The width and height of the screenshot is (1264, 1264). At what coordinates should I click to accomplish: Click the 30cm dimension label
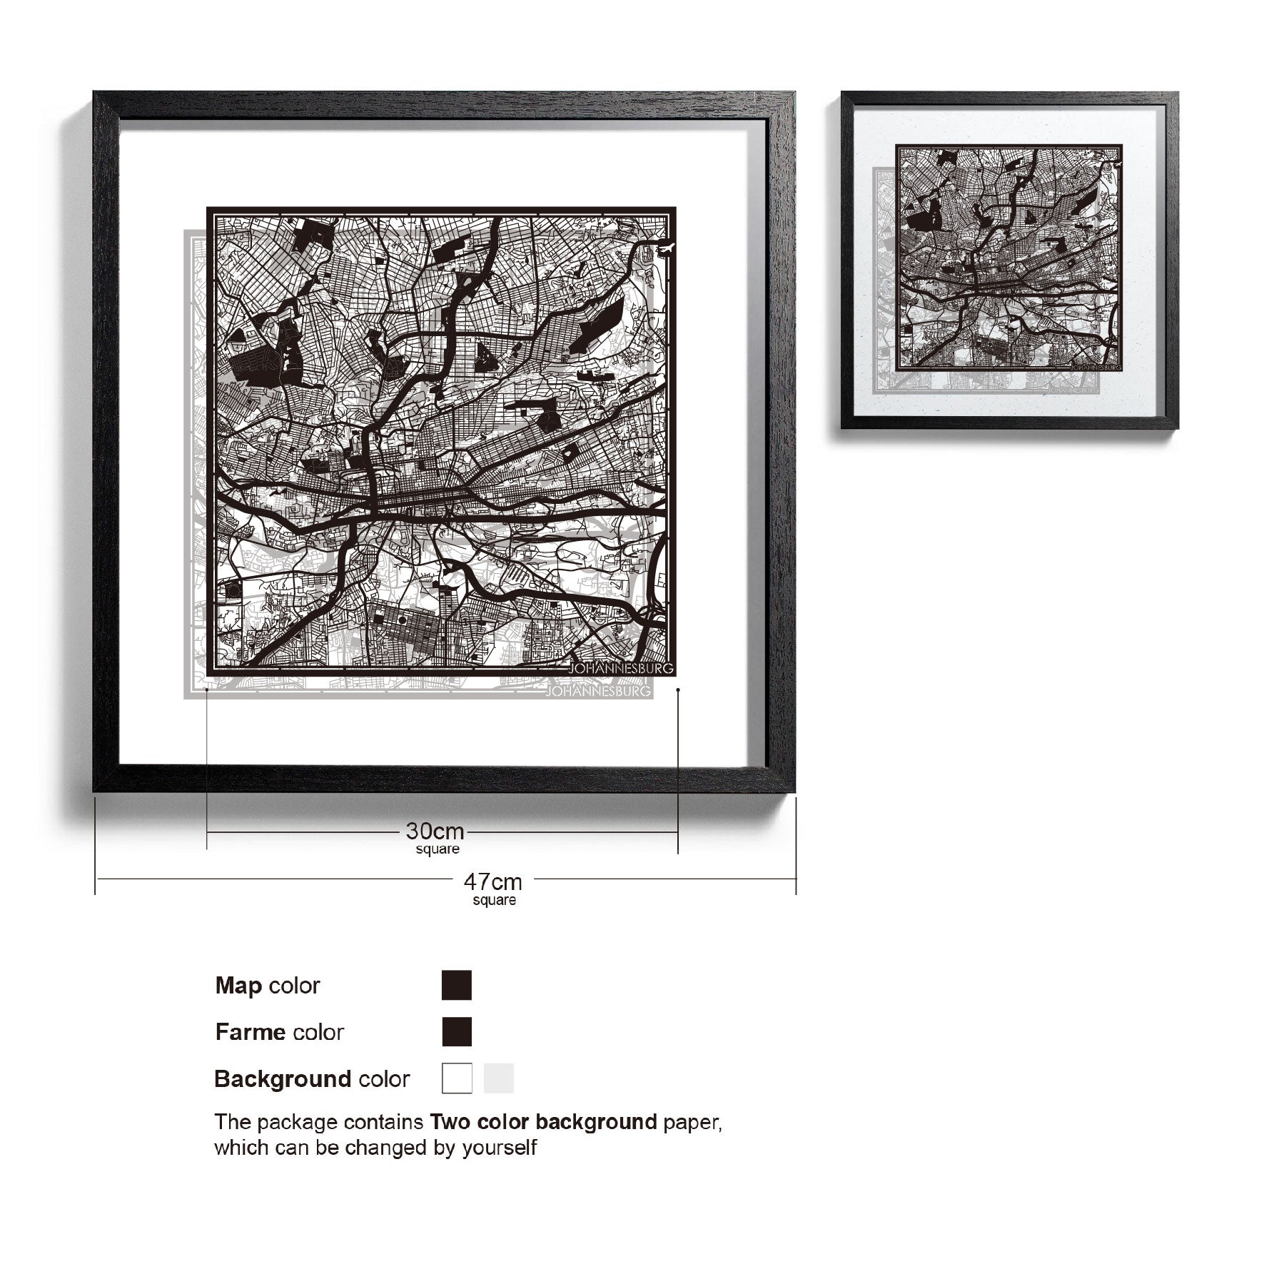pyautogui.click(x=435, y=831)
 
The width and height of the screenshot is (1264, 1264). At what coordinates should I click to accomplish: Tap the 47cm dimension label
pyautogui.click(x=492, y=881)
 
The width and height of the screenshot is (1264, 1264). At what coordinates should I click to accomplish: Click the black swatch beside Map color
pyautogui.click(x=457, y=985)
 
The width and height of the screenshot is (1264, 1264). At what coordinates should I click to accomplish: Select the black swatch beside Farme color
pyautogui.click(x=457, y=1031)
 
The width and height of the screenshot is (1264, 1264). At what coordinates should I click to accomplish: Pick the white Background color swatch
pyautogui.click(x=457, y=1078)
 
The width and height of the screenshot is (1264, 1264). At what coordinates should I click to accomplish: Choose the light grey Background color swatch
pyautogui.click(x=498, y=1078)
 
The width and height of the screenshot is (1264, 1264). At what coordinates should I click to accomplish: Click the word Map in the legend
pyautogui.click(x=238, y=986)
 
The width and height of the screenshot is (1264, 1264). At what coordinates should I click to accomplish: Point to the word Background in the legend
pyautogui.click(x=283, y=1078)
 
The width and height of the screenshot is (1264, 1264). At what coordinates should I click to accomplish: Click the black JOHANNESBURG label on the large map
pyautogui.click(x=620, y=669)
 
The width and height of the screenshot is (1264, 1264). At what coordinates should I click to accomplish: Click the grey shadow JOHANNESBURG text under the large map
pyautogui.click(x=598, y=692)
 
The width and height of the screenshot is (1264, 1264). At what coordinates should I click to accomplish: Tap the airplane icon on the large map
pyautogui.click(x=667, y=248)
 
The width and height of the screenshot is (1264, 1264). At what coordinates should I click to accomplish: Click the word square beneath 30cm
pyautogui.click(x=438, y=849)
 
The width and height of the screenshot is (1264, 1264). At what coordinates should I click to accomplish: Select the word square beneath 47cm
pyautogui.click(x=494, y=901)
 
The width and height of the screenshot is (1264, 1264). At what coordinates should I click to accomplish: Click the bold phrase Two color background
pyautogui.click(x=542, y=1122)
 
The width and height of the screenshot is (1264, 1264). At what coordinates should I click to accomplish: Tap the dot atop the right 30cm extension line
pyautogui.click(x=678, y=690)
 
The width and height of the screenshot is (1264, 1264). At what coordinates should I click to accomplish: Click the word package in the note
pyautogui.click(x=298, y=1123)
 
